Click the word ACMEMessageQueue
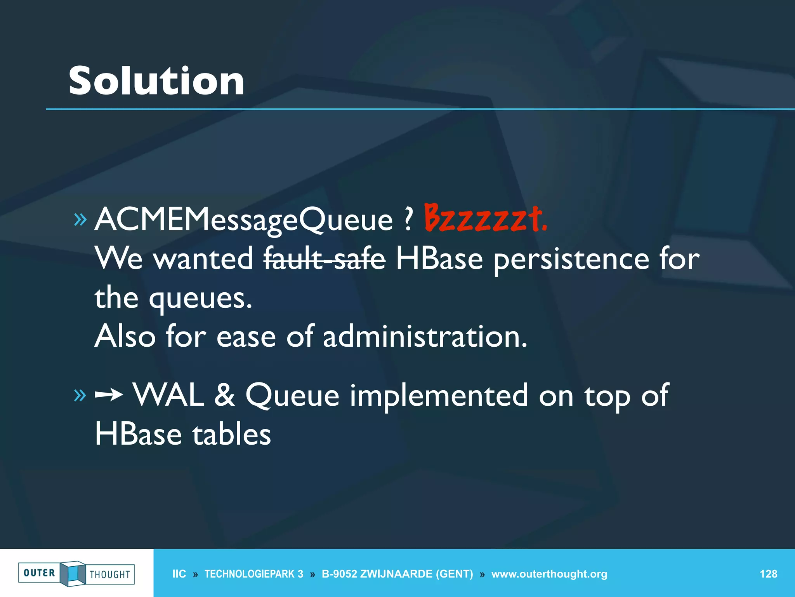click(x=243, y=220)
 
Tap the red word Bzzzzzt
click(x=485, y=218)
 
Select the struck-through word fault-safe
click(x=325, y=259)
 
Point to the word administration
click(x=425, y=337)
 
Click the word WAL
click(x=169, y=395)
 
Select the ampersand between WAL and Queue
click(x=225, y=395)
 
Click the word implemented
click(x=439, y=395)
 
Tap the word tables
click(x=232, y=435)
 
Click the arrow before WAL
click(x=109, y=395)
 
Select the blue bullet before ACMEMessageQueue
click(x=80, y=220)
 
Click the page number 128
click(x=768, y=574)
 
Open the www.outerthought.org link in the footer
click(x=549, y=574)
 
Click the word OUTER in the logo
click(x=39, y=573)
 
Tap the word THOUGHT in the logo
click(x=110, y=574)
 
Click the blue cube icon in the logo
click(x=73, y=573)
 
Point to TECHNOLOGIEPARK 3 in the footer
click(x=254, y=574)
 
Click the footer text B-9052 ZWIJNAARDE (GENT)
click(x=397, y=574)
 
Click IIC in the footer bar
click(x=179, y=574)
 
